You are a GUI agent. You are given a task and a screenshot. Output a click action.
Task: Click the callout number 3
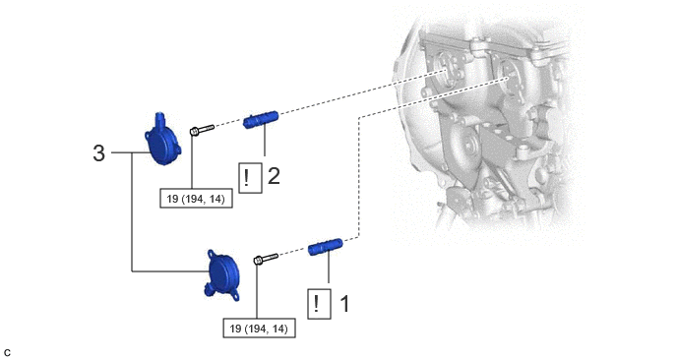point(98,153)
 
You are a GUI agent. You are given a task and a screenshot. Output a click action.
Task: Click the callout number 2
point(274,176)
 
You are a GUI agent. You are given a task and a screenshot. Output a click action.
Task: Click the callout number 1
point(345,304)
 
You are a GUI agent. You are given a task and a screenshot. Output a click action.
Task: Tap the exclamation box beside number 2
point(250,178)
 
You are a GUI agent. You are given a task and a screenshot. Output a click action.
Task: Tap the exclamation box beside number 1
point(319,304)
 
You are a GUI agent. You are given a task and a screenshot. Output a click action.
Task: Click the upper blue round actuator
point(162,140)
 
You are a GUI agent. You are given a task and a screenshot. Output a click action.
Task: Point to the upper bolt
point(202,129)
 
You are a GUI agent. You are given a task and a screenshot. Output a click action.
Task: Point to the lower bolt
point(266,259)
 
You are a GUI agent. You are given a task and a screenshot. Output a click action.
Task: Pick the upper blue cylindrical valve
point(261,120)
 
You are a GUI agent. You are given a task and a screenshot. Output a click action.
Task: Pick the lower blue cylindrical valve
point(326,247)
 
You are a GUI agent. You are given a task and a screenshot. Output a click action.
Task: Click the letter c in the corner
point(7,353)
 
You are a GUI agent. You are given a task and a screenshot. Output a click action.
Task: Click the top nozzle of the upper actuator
point(158,116)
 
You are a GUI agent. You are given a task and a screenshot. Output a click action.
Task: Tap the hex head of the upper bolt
point(194,131)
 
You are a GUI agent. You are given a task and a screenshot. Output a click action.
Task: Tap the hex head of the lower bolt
point(258,261)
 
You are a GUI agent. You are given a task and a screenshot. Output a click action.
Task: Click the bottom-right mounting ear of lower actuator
point(235,296)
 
